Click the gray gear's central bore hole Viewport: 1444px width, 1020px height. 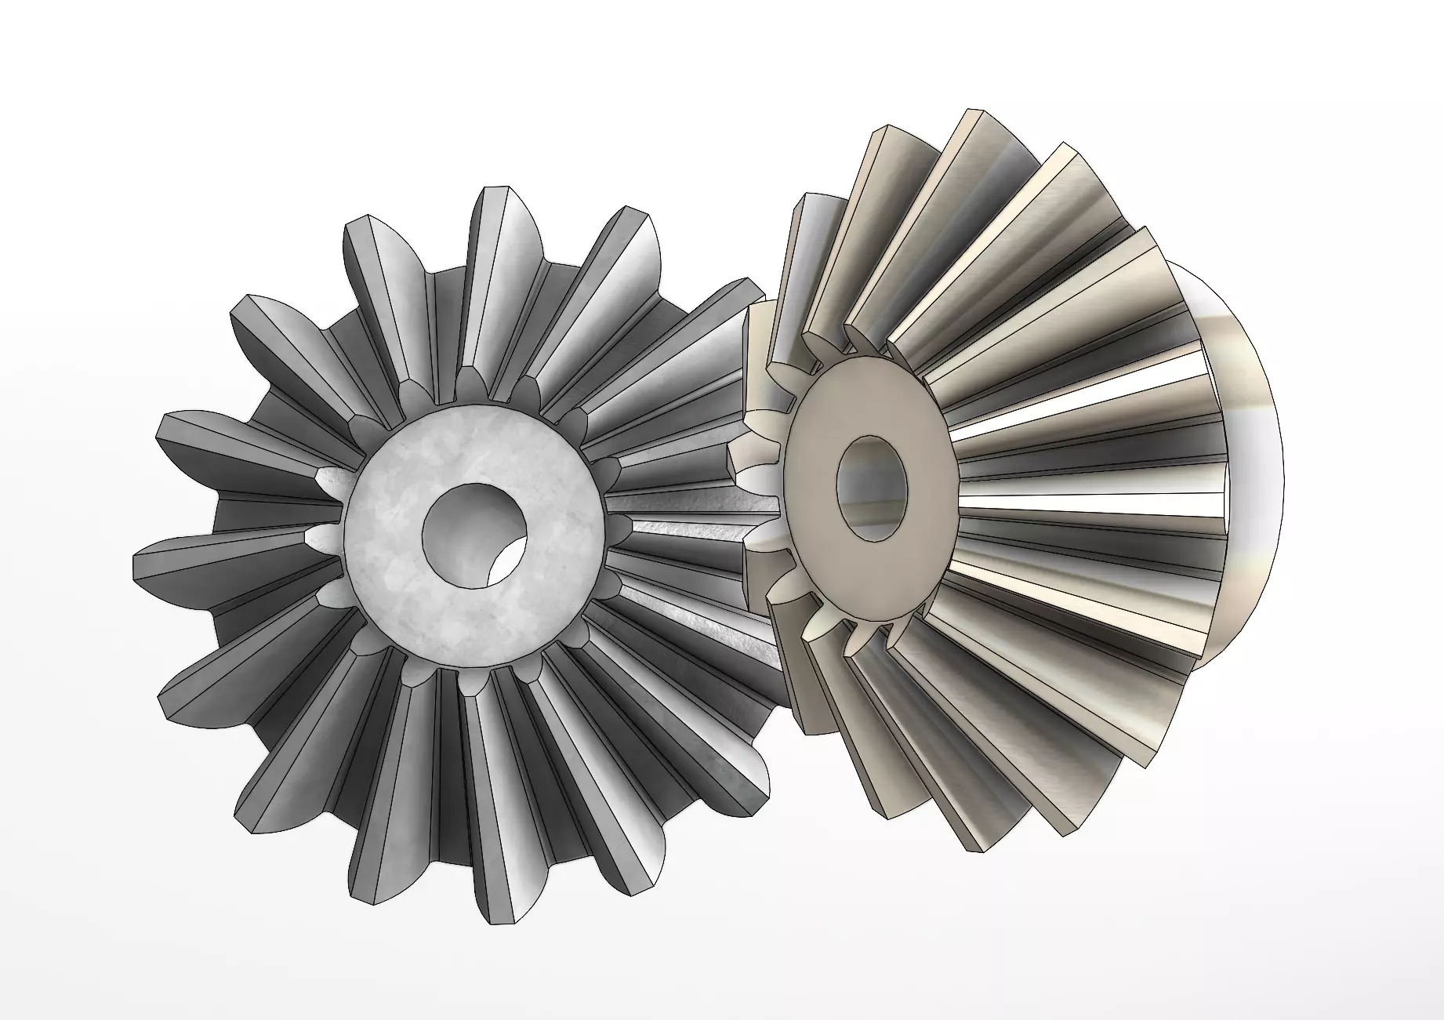pos(473,534)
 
